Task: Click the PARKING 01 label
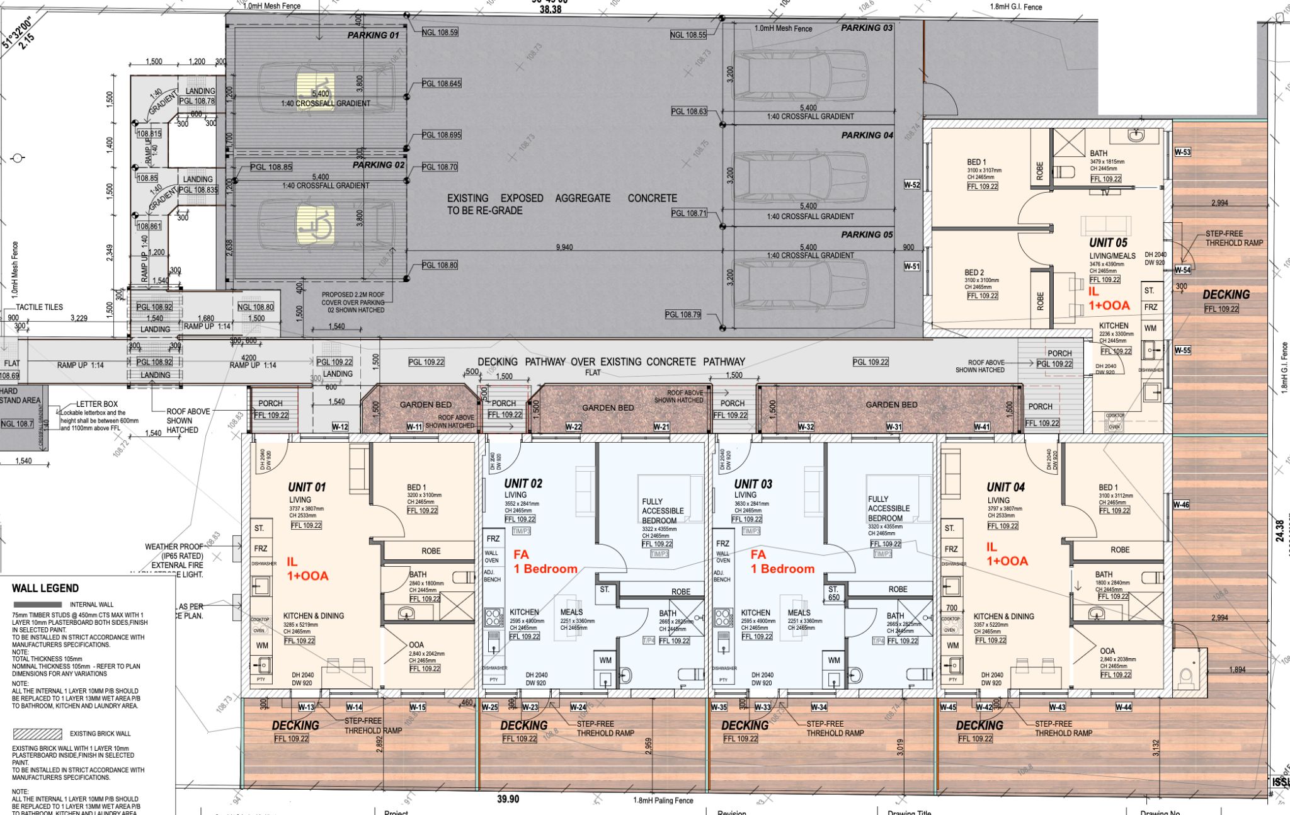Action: [373, 35]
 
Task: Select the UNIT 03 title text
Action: [753, 484]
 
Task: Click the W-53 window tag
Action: [1182, 152]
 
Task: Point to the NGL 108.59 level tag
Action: [440, 32]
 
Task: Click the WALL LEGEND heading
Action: [45, 588]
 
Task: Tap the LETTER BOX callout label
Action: [97, 404]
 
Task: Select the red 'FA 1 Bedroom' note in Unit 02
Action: [545, 562]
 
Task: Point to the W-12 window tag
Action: [340, 427]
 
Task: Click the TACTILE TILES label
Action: [39, 307]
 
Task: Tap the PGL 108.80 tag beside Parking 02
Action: [440, 265]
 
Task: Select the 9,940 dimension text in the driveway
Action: [564, 248]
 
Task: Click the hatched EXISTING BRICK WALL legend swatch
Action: [38, 734]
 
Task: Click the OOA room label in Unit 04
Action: [1107, 651]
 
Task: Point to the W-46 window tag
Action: [1181, 505]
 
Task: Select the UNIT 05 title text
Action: [1108, 243]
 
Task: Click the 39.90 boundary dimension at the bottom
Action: [508, 799]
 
